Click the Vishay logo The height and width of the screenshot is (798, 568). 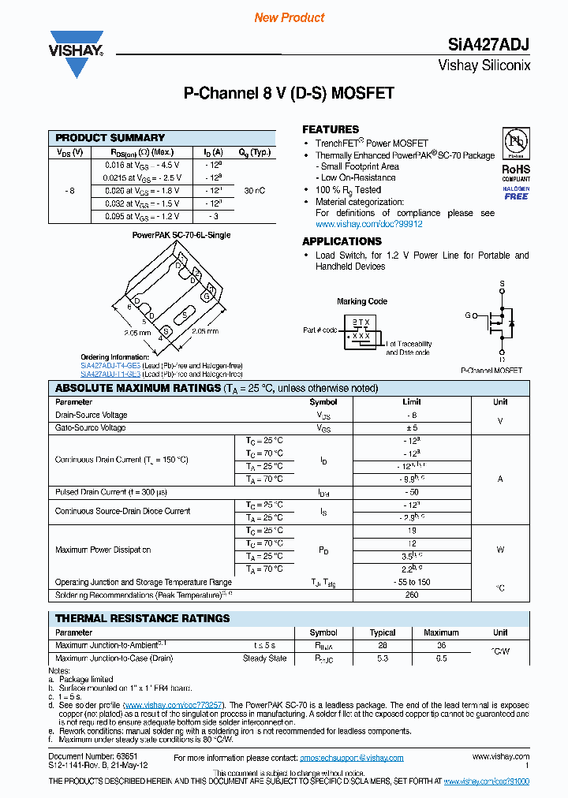click(77, 53)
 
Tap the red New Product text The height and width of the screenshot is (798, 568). click(290, 17)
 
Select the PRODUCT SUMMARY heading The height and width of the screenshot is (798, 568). click(110, 138)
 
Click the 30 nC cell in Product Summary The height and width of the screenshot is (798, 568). click(255, 191)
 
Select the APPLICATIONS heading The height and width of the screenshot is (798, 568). click(342, 241)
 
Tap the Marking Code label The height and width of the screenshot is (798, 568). click(362, 301)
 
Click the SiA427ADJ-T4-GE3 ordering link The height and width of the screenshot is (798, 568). click(110, 366)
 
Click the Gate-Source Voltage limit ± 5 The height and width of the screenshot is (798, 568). click(411, 427)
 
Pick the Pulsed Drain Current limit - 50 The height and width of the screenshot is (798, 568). click(411, 492)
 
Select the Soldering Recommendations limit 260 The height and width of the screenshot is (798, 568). click(411, 595)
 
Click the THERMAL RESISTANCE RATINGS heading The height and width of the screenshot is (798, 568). click(143, 618)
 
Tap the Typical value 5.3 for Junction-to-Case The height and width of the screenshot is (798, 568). click(383, 658)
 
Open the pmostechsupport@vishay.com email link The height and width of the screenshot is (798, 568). click(351, 758)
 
